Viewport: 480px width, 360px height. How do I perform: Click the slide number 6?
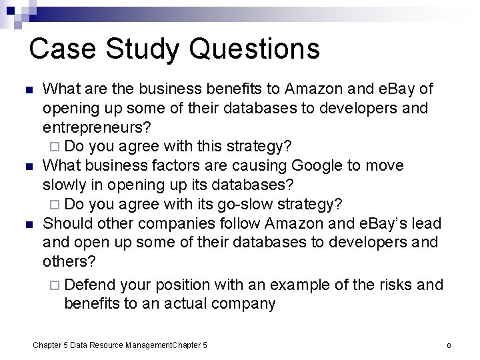(449, 346)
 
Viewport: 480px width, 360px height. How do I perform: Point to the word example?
(315, 285)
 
